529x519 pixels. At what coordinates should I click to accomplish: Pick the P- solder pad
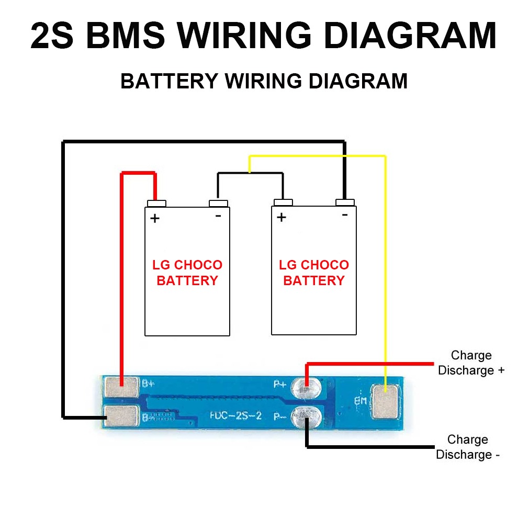coord(307,416)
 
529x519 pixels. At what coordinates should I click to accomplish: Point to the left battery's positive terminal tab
coord(156,203)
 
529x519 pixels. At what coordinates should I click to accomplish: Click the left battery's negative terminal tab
coord(218,203)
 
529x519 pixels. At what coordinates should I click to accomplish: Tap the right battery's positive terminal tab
coord(283,203)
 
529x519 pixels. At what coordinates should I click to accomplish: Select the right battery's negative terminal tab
coord(345,203)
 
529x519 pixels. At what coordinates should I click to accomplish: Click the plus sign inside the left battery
coord(154,218)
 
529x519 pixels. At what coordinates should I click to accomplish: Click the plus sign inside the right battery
coord(282,217)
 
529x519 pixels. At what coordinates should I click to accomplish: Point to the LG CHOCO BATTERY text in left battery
coord(187,273)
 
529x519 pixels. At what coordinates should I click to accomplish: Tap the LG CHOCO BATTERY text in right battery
coord(314,273)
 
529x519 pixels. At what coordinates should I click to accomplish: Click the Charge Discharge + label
coord(471,363)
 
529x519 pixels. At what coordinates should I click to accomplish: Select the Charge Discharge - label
coord(467,447)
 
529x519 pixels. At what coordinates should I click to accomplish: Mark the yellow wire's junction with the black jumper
coord(250,173)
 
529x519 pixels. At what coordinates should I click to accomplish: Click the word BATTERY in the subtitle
coord(169,81)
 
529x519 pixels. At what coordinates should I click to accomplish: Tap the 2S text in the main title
coord(53,35)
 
